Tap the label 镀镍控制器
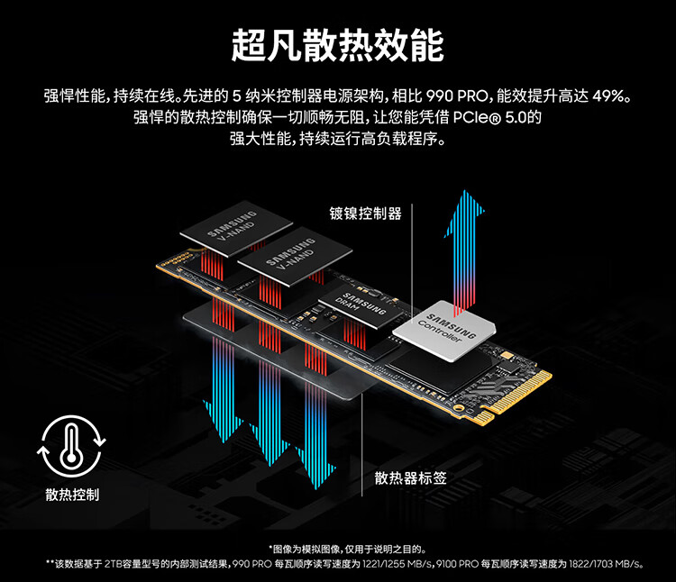(366, 214)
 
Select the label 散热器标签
(410, 477)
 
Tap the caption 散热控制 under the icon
(72, 495)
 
